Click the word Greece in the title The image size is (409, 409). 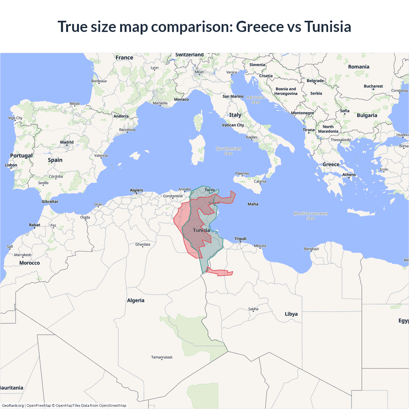coord(260,27)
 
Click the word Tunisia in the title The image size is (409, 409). coord(328,27)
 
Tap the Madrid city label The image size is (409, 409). coord(67,142)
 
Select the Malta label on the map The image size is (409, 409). coord(253,204)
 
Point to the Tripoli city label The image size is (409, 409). coord(240,239)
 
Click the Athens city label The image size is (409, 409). coord(349,174)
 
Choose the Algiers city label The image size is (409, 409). coord(136,190)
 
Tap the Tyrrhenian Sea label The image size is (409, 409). coord(228,151)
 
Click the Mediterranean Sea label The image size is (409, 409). coord(311,216)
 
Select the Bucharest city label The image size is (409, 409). coord(373,86)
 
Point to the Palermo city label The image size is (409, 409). coord(242,174)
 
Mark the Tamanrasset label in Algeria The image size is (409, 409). coord(162,357)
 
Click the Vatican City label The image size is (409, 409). coord(233,125)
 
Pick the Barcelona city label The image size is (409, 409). coord(127,130)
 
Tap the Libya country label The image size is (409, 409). coord(291,314)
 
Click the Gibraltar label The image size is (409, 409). coord(50,201)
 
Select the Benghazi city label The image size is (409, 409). coord(311,249)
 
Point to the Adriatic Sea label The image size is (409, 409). coord(256,100)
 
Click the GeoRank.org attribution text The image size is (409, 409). coord(13,405)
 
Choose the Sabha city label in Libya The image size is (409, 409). coord(253,309)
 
